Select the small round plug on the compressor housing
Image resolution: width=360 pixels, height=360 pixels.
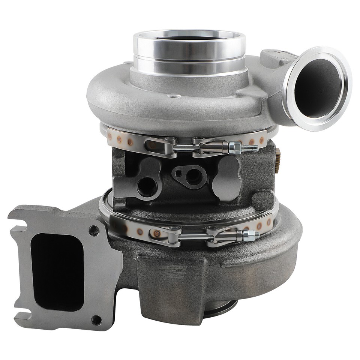point(174,96)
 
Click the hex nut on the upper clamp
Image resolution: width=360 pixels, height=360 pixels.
point(235,147)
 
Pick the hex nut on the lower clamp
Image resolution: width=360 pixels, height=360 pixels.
point(247,235)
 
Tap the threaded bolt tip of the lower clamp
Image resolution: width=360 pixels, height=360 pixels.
point(256,235)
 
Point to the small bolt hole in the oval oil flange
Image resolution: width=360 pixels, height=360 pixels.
point(178,173)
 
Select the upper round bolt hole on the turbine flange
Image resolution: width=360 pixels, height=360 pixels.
point(94,230)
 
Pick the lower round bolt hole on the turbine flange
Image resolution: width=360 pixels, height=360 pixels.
point(96,320)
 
